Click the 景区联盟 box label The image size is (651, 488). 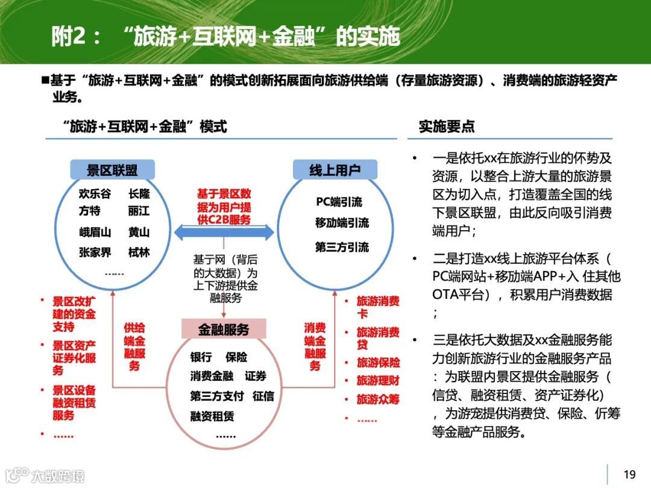click(x=112, y=170)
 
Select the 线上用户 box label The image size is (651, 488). click(x=335, y=170)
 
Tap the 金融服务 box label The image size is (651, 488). click(x=224, y=329)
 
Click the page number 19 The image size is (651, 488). click(x=629, y=474)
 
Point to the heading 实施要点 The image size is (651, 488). click(x=447, y=127)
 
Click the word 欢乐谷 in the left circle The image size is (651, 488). click(x=95, y=194)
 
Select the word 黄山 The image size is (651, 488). click(x=139, y=233)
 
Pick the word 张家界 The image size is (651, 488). click(x=95, y=252)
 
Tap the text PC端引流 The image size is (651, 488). click(x=339, y=201)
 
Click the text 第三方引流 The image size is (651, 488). click(x=342, y=247)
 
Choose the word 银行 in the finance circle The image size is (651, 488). click(x=201, y=357)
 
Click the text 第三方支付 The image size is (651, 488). click(x=216, y=396)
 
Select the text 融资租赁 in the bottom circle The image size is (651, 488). click(x=212, y=416)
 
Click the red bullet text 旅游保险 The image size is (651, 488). click(x=378, y=362)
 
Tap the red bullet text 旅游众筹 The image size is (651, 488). click(x=378, y=399)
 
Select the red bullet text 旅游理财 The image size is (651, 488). click(x=378, y=381)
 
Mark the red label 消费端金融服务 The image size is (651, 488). click(x=315, y=346)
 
